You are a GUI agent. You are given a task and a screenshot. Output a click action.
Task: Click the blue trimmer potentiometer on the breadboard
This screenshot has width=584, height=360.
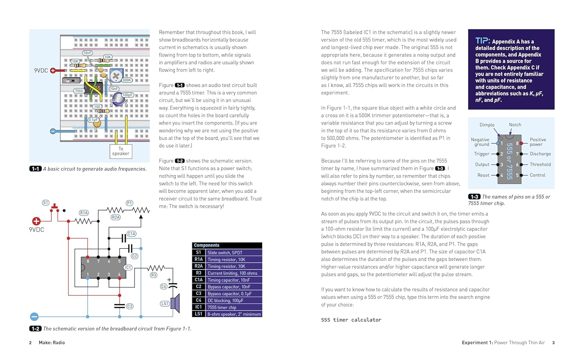pyautogui.click(x=116, y=76)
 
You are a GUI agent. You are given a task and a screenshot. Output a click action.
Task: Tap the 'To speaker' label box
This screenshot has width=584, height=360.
pyautogui.click(x=121, y=151)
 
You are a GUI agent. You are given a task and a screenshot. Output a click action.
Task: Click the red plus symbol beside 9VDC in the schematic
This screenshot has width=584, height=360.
pyautogui.click(x=36, y=221)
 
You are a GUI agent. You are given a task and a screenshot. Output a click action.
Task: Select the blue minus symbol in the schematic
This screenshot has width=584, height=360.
pyautogui.click(x=34, y=316)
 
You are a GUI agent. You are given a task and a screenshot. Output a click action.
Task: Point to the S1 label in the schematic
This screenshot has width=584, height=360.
pyautogui.click(x=46, y=203)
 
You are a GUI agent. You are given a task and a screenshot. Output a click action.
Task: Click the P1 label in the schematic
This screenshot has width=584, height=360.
pyautogui.click(x=129, y=203)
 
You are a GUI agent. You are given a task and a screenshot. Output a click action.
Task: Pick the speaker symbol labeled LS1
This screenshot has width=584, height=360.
pyautogui.click(x=176, y=304)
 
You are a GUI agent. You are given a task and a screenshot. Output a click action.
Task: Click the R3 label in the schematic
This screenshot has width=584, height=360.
pyautogui.click(x=153, y=275)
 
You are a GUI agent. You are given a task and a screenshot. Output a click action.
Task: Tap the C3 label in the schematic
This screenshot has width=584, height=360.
pyautogui.click(x=130, y=306)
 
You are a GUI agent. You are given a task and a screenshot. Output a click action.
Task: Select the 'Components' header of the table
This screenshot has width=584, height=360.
pyautogui.click(x=207, y=246)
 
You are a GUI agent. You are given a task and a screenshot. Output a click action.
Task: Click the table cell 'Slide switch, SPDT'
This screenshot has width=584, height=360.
pyautogui.click(x=225, y=253)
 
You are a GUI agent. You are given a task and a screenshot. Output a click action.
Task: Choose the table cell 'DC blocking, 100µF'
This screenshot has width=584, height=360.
pyautogui.click(x=225, y=300)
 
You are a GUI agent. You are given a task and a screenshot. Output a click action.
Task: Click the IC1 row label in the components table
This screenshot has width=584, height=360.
pyautogui.click(x=199, y=307)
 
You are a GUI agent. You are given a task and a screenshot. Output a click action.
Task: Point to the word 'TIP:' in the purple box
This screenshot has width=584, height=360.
pyautogui.click(x=482, y=41)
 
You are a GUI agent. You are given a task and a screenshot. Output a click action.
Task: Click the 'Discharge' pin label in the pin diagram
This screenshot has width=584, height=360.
pyautogui.click(x=540, y=154)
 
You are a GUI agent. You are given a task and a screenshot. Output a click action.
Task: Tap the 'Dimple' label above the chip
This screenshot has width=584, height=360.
pyautogui.click(x=487, y=125)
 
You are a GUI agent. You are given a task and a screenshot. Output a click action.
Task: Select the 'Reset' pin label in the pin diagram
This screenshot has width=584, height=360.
pyautogui.click(x=483, y=175)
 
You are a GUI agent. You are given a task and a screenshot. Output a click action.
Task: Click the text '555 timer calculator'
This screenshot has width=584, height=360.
pyautogui.click(x=351, y=320)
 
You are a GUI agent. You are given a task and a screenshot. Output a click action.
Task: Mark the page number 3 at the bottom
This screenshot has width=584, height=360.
pyautogui.click(x=553, y=343)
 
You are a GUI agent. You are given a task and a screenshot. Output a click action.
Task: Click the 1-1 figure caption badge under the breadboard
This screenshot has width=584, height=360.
pyautogui.click(x=35, y=169)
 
